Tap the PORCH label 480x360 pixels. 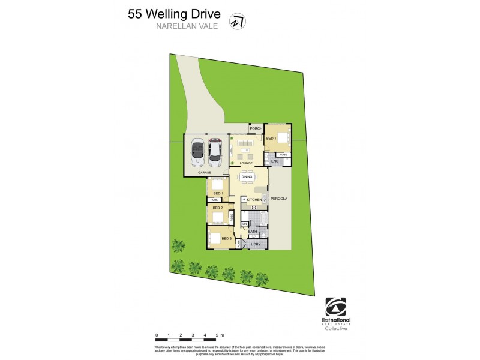256,129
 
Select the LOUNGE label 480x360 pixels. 246,163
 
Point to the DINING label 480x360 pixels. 247,177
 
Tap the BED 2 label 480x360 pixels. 218,208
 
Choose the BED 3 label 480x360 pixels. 226,239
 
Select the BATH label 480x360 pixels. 253,231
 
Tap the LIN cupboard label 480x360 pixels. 244,224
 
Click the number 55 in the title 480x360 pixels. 136,14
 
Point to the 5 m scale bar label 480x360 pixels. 220,334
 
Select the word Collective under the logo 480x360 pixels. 335,328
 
